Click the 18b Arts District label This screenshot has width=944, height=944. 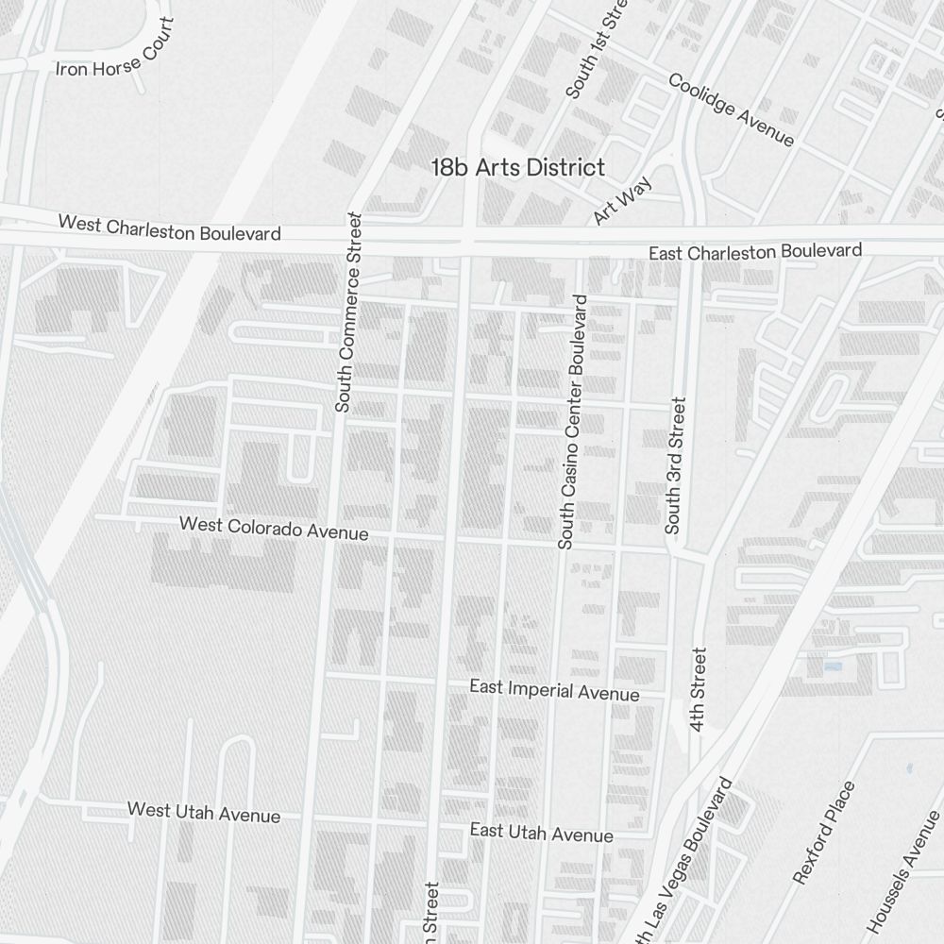(x=517, y=168)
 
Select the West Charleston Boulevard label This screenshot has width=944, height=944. (x=170, y=228)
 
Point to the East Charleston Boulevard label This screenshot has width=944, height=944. (x=755, y=252)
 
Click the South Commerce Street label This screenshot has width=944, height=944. (x=347, y=312)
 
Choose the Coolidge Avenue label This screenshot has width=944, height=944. (x=731, y=109)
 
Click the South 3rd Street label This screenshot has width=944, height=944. (x=675, y=465)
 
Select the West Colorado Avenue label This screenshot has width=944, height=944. (x=274, y=528)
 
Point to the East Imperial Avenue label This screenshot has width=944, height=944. (x=554, y=690)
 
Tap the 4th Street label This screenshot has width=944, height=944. (x=698, y=689)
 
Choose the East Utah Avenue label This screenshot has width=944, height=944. (x=542, y=833)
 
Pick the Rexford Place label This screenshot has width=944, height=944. (x=824, y=832)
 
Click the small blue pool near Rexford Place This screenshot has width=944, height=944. (x=832, y=666)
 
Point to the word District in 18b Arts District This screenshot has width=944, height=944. (x=565, y=168)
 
